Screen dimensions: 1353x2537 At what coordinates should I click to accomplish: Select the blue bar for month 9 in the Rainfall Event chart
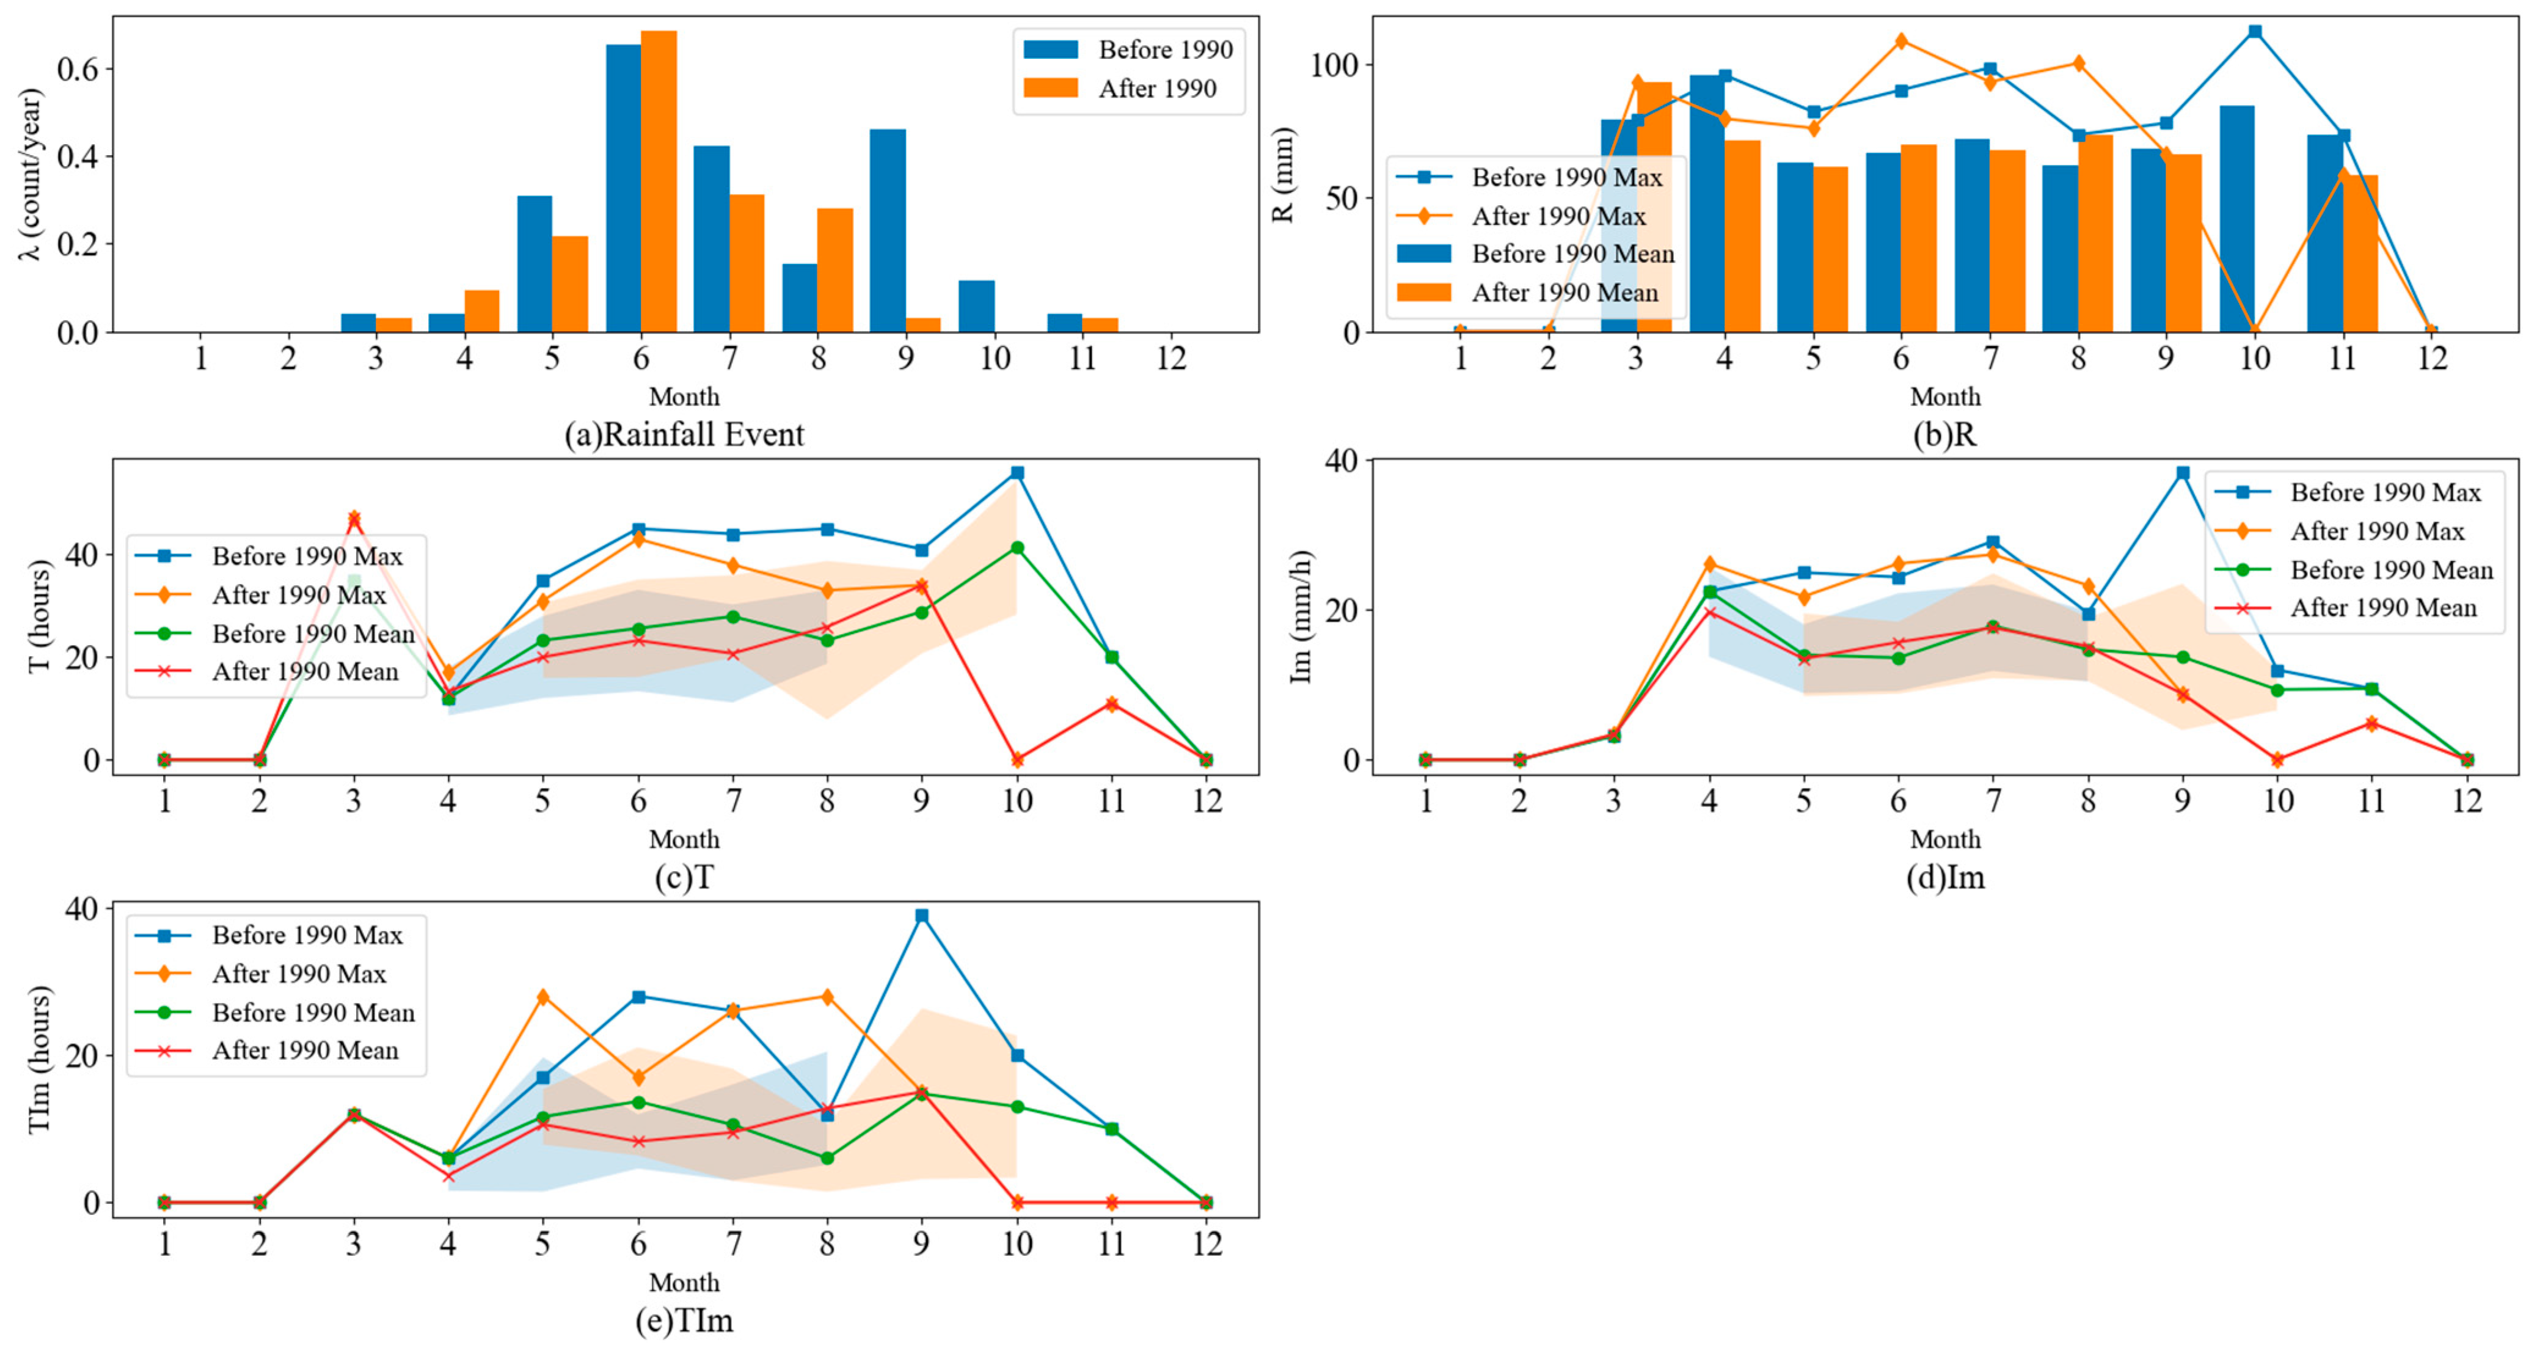point(888,232)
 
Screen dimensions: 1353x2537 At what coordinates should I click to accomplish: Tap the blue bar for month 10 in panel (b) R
point(2236,219)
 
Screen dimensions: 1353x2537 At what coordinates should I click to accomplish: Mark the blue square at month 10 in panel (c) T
point(1017,473)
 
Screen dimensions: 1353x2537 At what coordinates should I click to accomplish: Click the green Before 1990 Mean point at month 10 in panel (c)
point(1017,547)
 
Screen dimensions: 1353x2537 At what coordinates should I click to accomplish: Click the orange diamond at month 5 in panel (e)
point(542,996)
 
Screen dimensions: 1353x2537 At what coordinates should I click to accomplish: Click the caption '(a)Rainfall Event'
point(684,434)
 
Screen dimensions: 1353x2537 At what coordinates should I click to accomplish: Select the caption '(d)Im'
point(1945,877)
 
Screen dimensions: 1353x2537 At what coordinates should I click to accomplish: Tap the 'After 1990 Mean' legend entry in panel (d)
point(2382,608)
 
